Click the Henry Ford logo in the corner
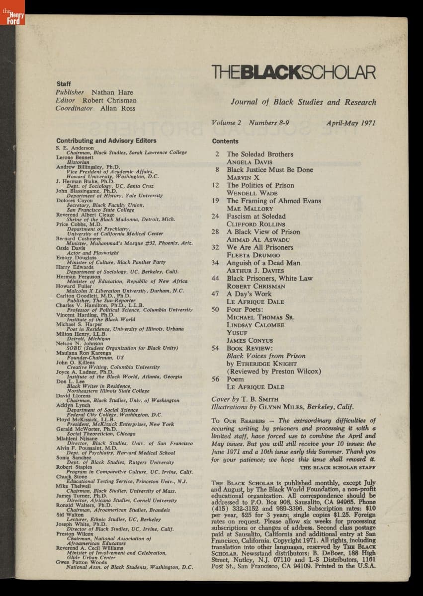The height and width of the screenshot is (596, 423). [12, 12]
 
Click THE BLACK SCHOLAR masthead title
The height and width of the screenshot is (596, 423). [293, 73]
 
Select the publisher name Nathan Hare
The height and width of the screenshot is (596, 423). [112, 92]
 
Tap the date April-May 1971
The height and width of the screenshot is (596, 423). [351, 123]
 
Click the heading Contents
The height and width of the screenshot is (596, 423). [225, 141]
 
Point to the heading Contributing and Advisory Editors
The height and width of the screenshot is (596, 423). [106, 141]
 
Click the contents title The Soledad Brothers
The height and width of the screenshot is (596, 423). [260, 154]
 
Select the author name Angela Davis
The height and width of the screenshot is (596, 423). [246, 162]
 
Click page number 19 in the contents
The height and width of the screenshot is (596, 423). [216, 201]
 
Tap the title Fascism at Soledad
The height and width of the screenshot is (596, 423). [256, 217]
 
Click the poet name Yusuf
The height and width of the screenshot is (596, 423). [237, 333]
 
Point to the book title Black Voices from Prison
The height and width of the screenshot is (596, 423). [266, 356]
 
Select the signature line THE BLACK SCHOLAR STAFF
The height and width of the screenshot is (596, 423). [338, 467]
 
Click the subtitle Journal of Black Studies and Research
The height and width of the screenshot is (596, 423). [303, 102]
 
